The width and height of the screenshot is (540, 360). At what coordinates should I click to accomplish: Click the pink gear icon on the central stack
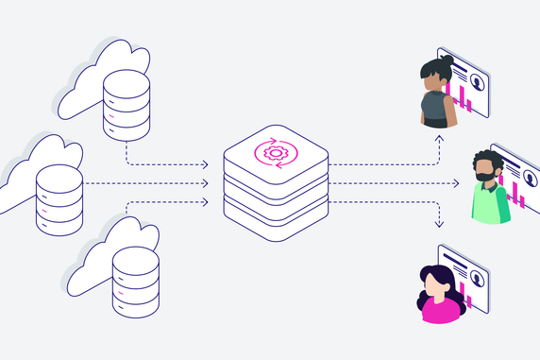pyautogui.click(x=276, y=152)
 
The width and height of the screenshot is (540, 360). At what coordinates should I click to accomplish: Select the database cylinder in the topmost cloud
pyautogui.click(x=127, y=102)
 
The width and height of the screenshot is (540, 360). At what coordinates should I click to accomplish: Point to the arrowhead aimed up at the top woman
pyautogui.click(x=438, y=138)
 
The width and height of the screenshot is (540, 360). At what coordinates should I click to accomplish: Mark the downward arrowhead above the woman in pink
pyautogui.click(x=438, y=224)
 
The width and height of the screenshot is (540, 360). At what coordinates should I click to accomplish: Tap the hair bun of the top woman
pyautogui.click(x=447, y=60)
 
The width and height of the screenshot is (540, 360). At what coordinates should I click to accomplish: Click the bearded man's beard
pyautogui.click(x=484, y=178)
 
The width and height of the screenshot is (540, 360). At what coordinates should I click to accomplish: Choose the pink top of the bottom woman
pyautogui.click(x=439, y=309)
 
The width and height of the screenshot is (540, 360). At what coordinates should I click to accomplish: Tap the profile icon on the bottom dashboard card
pyautogui.click(x=478, y=279)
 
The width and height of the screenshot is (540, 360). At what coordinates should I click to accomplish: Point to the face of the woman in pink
pyautogui.click(x=437, y=282)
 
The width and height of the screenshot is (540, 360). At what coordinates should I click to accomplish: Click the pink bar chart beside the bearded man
pyautogui.click(x=518, y=194)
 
